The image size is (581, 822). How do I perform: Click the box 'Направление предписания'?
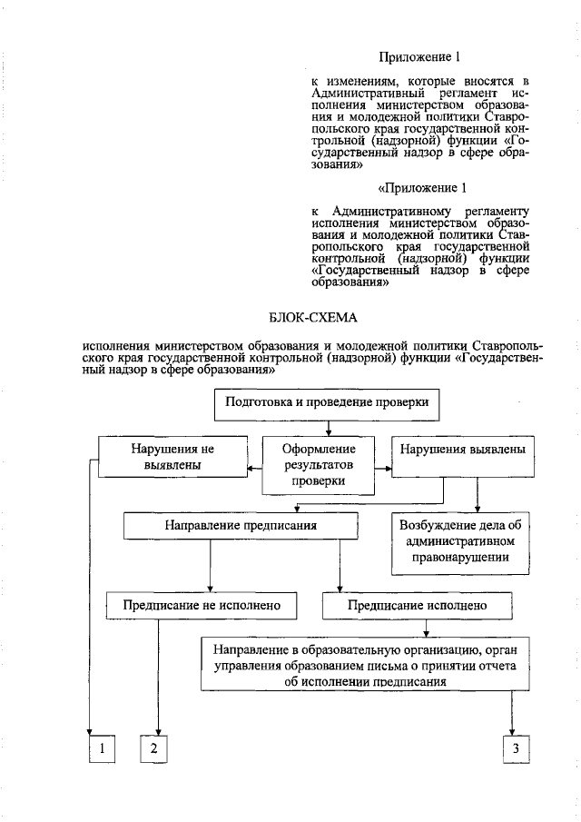[241, 526]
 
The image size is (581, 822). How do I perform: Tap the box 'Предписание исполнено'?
[418, 604]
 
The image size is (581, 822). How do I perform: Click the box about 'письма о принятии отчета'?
[364, 666]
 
